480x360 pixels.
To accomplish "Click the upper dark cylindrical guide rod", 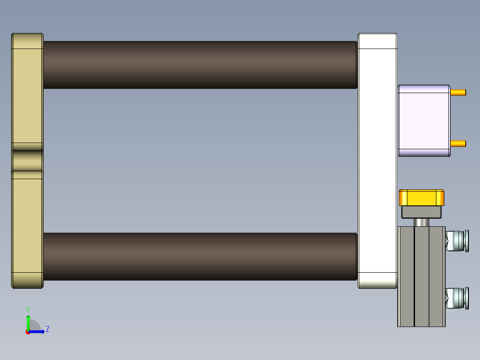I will click(x=200, y=65).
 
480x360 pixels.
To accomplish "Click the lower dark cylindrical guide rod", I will click(x=200, y=256).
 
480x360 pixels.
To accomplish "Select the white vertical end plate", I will click(x=377, y=160).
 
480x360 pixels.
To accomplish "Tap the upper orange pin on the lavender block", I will click(x=458, y=93).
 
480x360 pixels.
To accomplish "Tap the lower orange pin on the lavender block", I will click(x=458, y=143).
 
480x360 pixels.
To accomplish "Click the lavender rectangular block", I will click(x=423, y=120).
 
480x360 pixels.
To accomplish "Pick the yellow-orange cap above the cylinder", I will click(x=422, y=197).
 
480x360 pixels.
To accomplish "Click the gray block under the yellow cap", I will click(x=422, y=212).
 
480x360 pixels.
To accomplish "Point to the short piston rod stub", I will click(x=422, y=222).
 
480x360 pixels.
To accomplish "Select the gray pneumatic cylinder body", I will click(x=421, y=276).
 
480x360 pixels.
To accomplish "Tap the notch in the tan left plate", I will click(x=27, y=161).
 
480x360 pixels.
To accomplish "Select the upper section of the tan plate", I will click(x=27, y=89).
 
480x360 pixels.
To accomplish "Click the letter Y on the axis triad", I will click(x=28, y=309).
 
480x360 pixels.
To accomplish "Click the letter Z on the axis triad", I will click(x=48, y=329).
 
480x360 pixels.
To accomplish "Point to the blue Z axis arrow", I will click(x=38, y=331).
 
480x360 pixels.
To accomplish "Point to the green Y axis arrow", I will click(x=28, y=322).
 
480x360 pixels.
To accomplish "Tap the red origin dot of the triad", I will click(x=28, y=332).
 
